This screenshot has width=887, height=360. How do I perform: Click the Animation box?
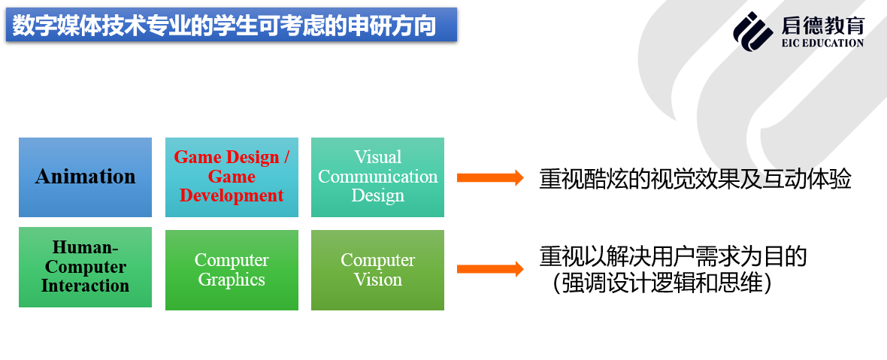tap(85, 177)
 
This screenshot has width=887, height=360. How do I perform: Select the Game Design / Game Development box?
tap(232, 177)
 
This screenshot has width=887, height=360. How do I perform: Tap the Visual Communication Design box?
tap(377, 177)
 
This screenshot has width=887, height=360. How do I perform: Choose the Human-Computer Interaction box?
tap(85, 267)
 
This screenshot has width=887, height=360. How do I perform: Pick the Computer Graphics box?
tap(232, 270)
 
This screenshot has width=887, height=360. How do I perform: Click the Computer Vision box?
tap(377, 270)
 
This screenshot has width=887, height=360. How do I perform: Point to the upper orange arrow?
tap(489, 178)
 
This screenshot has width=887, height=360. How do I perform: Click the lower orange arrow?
tap(489, 269)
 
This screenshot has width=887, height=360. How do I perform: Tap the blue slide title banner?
tap(231, 26)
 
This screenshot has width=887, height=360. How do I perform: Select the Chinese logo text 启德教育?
tap(822, 26)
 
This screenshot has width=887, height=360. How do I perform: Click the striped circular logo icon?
tap(752, 32)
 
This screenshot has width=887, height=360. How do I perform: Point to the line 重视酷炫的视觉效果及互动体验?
tap(695, 180)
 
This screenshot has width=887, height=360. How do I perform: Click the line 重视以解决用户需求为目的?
tap(673, 257)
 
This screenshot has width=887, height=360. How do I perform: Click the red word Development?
tap(232, 196)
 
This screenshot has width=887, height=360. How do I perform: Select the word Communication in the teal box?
tap(377, 177)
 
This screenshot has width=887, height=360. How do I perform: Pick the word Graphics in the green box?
tap(232, 280)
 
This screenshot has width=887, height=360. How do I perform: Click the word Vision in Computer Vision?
tap(377, 280)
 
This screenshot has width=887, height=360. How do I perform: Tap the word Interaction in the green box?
tap(85, 286)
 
